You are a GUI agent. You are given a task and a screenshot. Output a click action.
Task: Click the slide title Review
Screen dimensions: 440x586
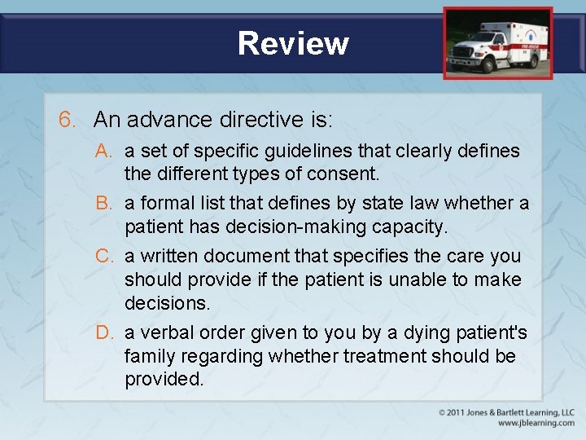[x=293, y=43]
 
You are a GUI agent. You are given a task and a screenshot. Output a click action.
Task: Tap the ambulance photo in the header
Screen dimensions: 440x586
[x=497, y=43]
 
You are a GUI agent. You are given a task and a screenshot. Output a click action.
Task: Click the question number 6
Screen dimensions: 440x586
[x=68, y=120]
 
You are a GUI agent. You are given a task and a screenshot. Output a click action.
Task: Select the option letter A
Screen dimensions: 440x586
[x=103, y=152]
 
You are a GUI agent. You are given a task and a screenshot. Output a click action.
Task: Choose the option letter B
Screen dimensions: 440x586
[x=103, y=204]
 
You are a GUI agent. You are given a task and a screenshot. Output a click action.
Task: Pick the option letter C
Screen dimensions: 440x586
[x=103, y=256]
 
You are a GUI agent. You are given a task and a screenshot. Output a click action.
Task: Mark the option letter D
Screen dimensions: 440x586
[x=103, y=333]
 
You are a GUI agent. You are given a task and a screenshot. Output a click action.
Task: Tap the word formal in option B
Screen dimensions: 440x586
[x=164, y=204]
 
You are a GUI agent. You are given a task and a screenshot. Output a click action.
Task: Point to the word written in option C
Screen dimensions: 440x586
[x=164, y=256]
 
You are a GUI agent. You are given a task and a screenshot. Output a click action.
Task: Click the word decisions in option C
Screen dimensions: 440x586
[x=167, y=303]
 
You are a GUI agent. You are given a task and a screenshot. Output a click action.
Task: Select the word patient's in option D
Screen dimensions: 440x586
[x=489, y=333]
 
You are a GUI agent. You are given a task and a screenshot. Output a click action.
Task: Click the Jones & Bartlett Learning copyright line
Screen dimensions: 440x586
[x=506, y=412]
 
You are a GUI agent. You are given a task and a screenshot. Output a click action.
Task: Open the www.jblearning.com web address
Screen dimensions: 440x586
[x=536, y=423]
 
